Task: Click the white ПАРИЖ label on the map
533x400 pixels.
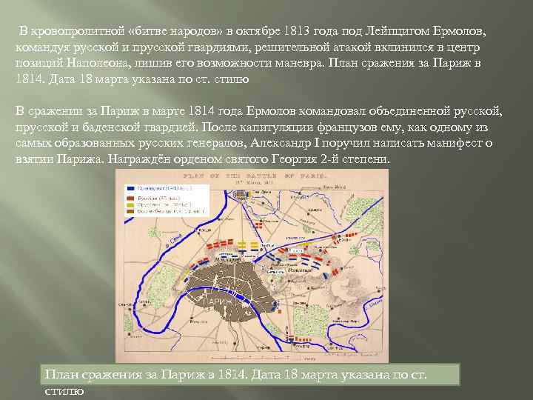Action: [219, 302]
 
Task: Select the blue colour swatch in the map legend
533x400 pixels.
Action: [131, 189]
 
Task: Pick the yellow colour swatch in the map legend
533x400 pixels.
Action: [131, 210]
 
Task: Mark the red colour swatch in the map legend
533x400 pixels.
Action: [131, 200]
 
